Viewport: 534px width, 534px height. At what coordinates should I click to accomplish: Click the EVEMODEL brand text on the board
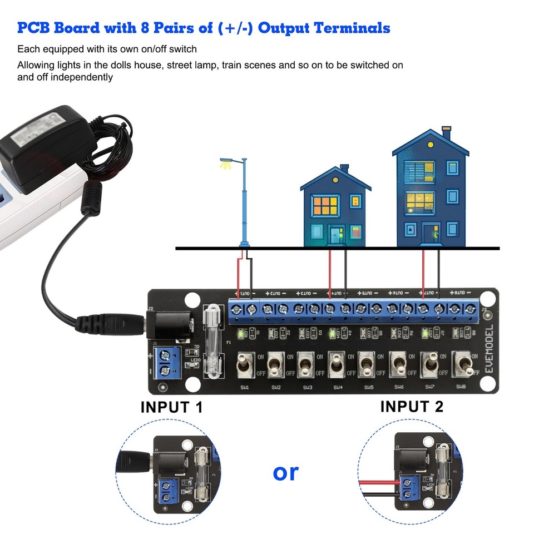[488, 344]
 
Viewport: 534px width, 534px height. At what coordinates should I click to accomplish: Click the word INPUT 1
[172, 407]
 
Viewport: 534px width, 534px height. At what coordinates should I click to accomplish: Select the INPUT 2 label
[412, 407]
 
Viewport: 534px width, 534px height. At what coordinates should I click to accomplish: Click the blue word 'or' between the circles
[286, 472]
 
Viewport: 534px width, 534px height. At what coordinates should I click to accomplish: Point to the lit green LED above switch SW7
[426, 334]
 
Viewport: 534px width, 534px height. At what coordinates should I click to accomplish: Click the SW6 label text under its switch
[399, 387]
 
